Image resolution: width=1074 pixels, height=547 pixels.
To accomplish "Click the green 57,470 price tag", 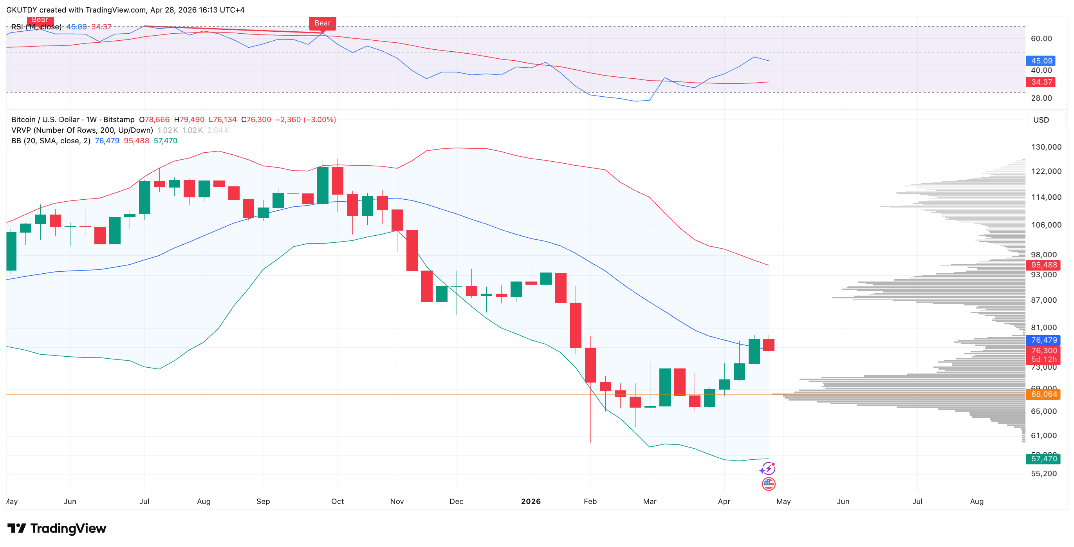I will pos(1043,459).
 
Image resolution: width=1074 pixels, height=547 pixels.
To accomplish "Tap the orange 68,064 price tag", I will pos(1043,394).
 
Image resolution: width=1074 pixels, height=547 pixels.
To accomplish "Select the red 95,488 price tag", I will pos(1043,265).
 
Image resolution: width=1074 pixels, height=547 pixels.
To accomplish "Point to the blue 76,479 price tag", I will pos(1043,340).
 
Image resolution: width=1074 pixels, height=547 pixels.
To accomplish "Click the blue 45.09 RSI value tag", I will pos(1041,61).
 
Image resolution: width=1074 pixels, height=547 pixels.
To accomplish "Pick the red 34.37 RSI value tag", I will pos(1041,82).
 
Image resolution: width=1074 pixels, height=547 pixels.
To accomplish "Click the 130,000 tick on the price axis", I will pos(1046,147).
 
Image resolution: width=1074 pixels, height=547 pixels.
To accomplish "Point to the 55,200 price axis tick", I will pos(1043,473).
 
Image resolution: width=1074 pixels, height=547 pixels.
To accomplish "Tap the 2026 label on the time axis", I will pos(531,501).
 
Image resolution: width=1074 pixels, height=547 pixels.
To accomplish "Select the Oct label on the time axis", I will pos(337,501).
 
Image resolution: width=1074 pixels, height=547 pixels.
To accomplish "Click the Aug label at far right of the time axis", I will pos(977,501).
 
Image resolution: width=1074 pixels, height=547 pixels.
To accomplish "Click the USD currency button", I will pos(1041,120).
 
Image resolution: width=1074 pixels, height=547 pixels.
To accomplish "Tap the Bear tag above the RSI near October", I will pos(322,23).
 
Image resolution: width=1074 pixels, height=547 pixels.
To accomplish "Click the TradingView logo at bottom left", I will pos(57,528).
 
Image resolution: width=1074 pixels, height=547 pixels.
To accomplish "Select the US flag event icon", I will pos(768,484).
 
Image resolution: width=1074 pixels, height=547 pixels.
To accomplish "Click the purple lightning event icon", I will pos(767,469).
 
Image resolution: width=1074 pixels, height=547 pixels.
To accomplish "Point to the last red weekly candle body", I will pos(768,345).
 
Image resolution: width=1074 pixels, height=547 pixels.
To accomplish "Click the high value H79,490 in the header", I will pos(189,120).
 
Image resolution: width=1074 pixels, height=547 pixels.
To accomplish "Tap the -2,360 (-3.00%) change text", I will pos(306,120).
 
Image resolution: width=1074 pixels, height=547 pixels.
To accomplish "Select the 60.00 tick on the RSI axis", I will pos(1041,38).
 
